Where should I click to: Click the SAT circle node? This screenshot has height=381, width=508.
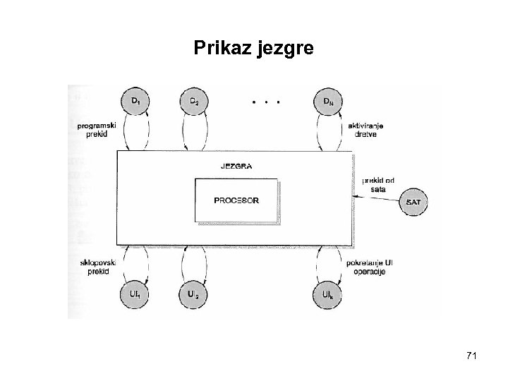coord(414,202)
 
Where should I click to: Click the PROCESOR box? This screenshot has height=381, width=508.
coord(236,200)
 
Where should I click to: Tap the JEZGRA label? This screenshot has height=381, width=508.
coord(236,167)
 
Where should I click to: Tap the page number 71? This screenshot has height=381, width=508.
coord(471,358)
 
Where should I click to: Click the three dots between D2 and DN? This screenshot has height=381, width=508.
coord(265,102)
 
